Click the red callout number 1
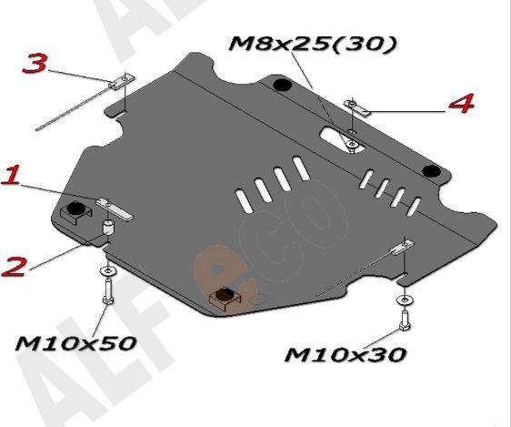point(13,176)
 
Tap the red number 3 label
point(35,64)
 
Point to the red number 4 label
point(462,104)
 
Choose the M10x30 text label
point(346,353)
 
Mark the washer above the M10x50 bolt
point(108,272)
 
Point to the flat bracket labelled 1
point(115,208)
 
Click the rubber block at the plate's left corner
point(72,213)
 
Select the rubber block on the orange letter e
point(221,297)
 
